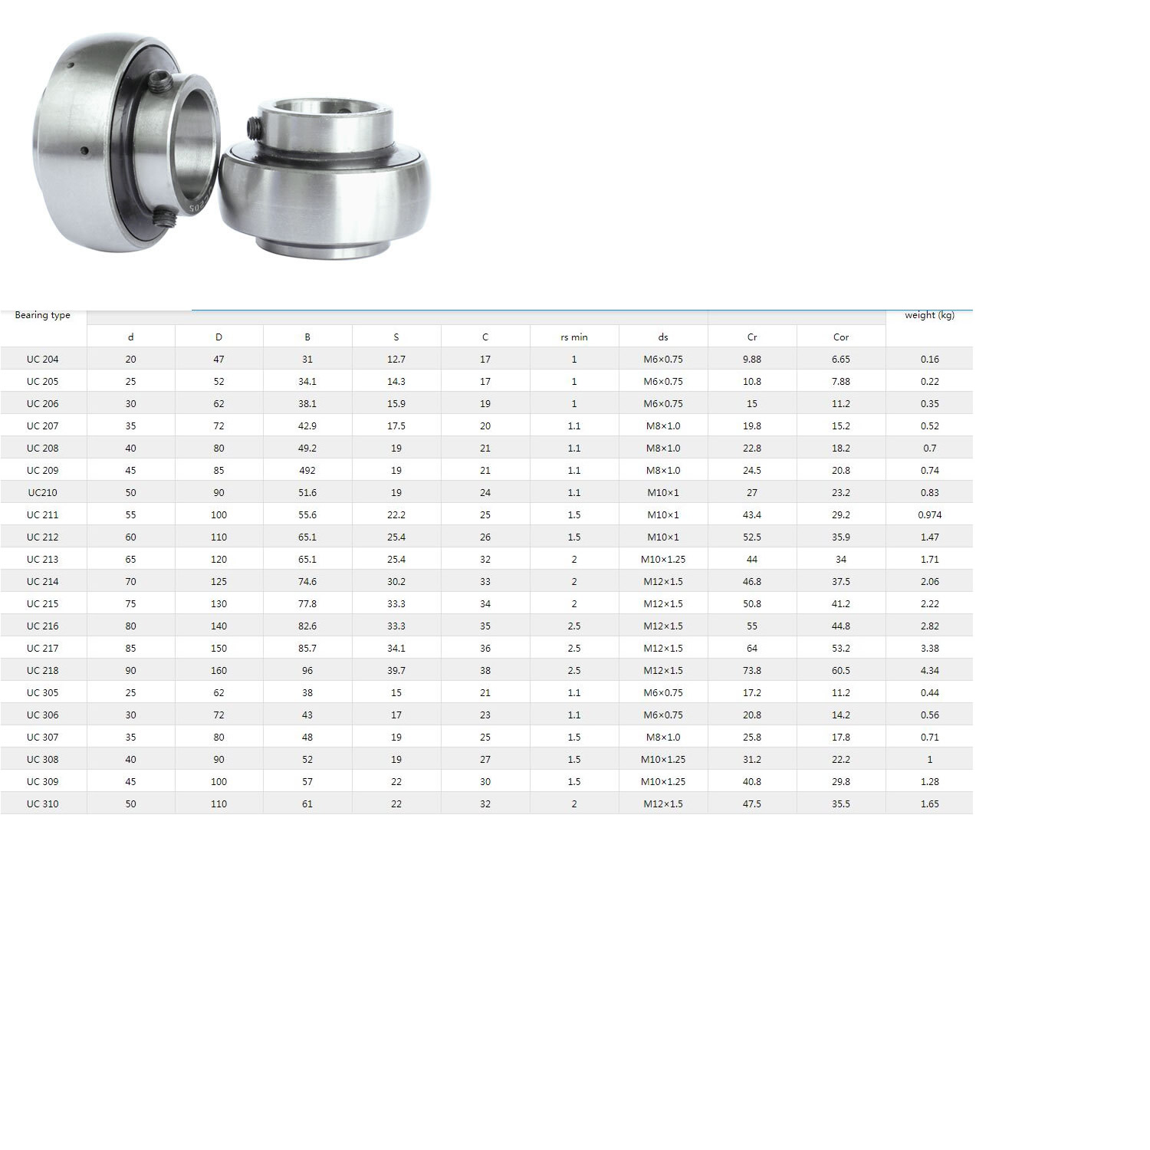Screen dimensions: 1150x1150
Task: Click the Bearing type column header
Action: click(42, 315)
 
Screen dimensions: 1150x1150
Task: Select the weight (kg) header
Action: click(929, 315)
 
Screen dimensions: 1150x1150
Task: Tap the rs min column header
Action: click(574, 337)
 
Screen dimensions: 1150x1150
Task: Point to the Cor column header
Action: click(841, 337)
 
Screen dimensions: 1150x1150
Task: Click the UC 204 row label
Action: click(42, 360)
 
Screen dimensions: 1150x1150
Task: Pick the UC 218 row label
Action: click(42, 671)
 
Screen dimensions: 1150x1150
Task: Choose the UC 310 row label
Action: click(42, 804)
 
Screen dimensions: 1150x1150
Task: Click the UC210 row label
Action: click(42, 493)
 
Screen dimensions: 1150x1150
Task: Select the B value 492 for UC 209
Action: click(307, 471)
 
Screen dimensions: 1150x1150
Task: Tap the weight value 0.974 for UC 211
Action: click(929, 515)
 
